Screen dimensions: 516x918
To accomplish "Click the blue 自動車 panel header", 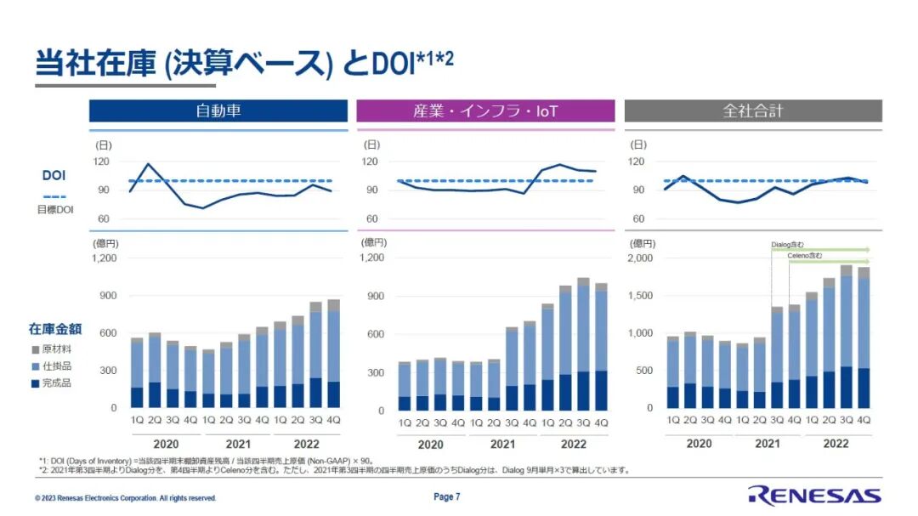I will coord(218,111).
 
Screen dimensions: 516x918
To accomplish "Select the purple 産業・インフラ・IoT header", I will coord(485,111).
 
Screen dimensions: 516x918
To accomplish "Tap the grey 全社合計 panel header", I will coord(752,111).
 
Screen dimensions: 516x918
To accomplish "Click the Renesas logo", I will coord(814,496).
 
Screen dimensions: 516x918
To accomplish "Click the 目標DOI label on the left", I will coord(54,209).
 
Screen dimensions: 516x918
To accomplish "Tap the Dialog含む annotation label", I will coord(787,245).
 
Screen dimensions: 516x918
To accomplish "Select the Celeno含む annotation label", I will coord(804,256).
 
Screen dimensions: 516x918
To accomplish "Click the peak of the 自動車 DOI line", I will coord(149,164).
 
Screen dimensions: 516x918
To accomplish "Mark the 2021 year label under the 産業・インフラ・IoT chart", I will coord(502,444).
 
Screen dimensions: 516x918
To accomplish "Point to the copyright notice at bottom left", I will coord(126,498).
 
